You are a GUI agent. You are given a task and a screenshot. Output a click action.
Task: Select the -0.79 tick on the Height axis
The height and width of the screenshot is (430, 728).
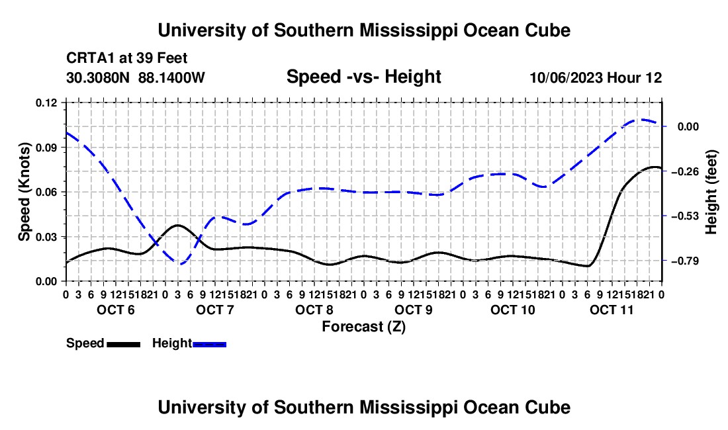point(685,261)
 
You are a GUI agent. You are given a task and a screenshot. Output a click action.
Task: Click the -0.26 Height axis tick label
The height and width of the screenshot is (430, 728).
point(685,171)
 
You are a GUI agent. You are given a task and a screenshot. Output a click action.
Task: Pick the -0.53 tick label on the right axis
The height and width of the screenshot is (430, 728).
point(685,216)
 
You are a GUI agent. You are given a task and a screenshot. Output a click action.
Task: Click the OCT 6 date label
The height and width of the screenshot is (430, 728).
point(116,310)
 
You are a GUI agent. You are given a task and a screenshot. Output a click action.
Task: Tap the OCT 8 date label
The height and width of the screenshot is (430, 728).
point(314,310)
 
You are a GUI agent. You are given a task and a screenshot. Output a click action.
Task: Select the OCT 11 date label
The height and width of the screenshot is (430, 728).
point(612,310)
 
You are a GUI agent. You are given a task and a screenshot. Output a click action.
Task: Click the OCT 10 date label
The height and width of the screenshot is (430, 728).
point(512,310)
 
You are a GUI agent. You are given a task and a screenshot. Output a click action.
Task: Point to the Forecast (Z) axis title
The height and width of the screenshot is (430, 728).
point(363,327)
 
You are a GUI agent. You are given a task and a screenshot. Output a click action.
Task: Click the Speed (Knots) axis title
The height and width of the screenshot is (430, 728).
point(24,192)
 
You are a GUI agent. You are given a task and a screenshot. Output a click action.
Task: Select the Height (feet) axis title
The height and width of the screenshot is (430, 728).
point(711,192)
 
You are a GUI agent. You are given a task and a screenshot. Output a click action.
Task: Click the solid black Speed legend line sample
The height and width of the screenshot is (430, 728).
point(124,344)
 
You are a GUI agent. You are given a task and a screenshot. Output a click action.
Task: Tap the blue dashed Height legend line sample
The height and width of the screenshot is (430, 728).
point(209,344)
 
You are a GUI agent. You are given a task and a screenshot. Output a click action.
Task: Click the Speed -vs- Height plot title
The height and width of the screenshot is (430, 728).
point(363,77)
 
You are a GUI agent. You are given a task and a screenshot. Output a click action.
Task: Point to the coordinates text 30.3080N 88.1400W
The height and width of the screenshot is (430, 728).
point(135,77)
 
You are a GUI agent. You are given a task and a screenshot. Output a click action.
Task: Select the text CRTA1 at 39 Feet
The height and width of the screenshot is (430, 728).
point(127,58)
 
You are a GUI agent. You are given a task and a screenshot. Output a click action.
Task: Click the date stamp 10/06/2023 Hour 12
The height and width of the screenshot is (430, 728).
point(596,77)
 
